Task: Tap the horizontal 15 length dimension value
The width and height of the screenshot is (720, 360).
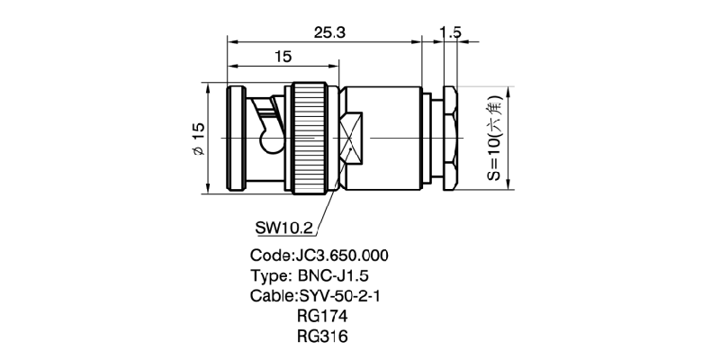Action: click(282, 57)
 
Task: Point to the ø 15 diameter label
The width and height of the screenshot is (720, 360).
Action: click(200, 139)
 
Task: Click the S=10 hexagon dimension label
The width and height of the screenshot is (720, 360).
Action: click(496, 139)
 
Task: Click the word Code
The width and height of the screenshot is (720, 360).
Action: click(269, 255)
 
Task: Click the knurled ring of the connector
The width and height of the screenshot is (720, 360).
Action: click(311, 137)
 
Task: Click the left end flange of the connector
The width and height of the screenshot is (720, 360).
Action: click(237, 137)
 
